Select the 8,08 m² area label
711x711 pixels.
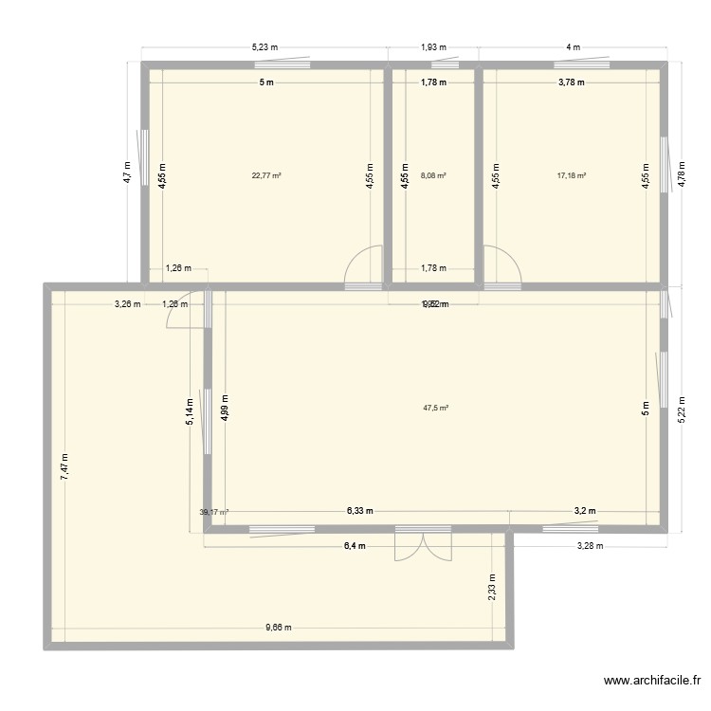point(433,174)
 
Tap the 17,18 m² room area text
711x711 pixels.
point(572,174)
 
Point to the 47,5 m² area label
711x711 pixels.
point(435,409)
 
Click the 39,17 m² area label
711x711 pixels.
point(213,512)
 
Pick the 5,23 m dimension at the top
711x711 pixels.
point(265,46)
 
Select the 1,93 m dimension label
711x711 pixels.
point(433,46)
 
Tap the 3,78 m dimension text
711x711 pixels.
point(572,82)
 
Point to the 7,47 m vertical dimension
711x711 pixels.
point(64,465)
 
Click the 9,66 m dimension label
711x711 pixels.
point(279,627)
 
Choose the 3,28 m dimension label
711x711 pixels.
point(590,546)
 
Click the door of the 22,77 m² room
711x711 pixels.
point(363,267)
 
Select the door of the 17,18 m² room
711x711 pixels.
point(501,267)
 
